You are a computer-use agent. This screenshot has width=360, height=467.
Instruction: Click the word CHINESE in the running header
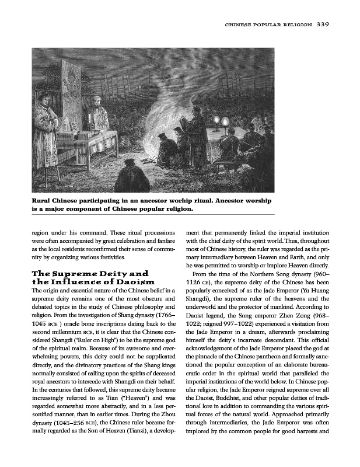click(x=242, y=25)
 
